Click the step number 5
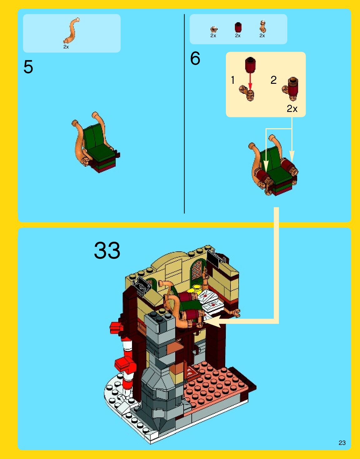click(x=28, y=67)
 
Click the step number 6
click(x=195, y=58)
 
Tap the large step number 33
click(x=107, y=250)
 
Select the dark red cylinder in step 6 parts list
click(x=238, y=27)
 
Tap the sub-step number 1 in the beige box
click(x=233, y=80)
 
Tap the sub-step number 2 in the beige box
click(x=273, y=80)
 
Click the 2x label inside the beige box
click(x=292, y=109)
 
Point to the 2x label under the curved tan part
click(x=66, y=47)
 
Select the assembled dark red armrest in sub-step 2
click(x=291, y=89)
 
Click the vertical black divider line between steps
click(x=184, y=113)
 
